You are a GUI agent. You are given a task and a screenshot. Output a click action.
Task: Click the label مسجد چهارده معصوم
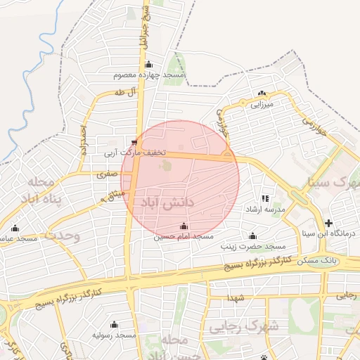(148, 75)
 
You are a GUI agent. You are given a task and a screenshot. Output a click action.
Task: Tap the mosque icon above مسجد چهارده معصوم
(148, 65)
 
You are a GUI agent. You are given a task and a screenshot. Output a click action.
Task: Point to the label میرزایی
(262, 103)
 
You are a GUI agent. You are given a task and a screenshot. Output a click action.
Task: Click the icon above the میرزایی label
(262, 94)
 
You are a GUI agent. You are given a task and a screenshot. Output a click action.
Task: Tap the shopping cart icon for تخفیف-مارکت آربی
(134, 142)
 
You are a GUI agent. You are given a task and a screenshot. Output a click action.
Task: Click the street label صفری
(106, 173)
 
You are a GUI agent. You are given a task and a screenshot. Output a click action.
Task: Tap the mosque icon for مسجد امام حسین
(184, 226)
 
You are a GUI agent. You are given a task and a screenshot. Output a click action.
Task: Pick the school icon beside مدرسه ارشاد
(265, 199)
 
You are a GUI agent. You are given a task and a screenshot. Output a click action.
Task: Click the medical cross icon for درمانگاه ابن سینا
(329, 223)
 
